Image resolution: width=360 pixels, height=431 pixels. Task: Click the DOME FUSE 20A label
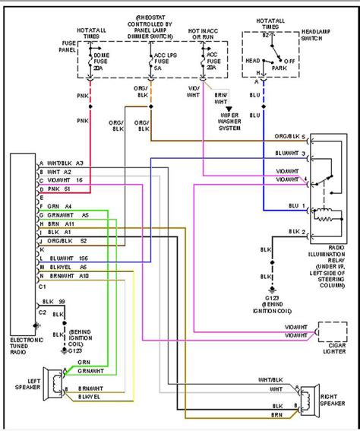(101, 62)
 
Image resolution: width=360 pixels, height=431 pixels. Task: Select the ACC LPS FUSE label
(160, 62)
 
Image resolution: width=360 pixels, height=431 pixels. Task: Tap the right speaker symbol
(307, 401)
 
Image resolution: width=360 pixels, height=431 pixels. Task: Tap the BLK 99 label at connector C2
(57, 302)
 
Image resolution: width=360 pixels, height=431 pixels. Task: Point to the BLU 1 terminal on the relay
(295, 207)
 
